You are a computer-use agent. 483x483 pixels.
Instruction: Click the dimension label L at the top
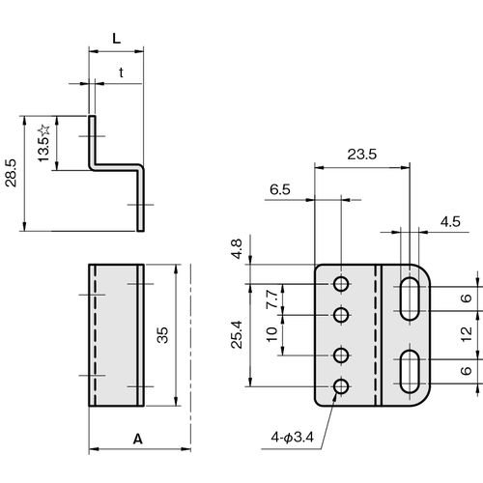(116, 39)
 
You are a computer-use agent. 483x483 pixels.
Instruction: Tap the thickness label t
(121, 72)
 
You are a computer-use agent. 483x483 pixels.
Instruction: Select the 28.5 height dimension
(11, 173)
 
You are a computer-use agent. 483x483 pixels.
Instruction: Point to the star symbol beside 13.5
(43, 130)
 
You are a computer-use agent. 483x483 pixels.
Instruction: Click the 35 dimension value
(163, 335)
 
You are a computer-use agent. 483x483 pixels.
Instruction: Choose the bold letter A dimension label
(138, 439)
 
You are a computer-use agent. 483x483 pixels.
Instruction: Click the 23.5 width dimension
(362, 155)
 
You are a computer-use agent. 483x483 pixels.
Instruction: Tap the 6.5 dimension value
(280, 189)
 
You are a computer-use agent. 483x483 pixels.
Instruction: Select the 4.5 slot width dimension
(450, 222)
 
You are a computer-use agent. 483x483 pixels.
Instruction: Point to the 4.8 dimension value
(237, 249)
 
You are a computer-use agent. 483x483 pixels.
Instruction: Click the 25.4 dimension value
(237, 334)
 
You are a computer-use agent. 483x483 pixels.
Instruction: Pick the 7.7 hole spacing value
(272, 299)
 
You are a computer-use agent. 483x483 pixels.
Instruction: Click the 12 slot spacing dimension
(466, 334)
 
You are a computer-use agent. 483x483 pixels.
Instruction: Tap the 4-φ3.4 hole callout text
(292, 438)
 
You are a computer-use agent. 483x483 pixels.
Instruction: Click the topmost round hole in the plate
(341, 284)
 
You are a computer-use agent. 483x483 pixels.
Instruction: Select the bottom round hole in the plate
(341, 386)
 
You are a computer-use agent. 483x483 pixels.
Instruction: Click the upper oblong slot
(410, 298)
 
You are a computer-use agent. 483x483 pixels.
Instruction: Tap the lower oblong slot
(410, 372)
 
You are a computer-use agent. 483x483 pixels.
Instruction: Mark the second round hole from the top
(341, 315)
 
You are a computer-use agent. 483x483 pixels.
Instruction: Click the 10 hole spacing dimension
(272, 334)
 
